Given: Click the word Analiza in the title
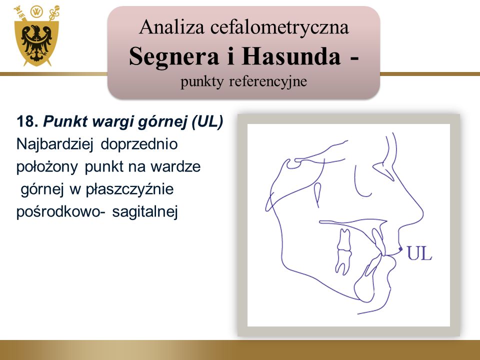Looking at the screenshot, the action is (171, 27).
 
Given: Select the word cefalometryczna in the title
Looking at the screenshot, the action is (279, 27).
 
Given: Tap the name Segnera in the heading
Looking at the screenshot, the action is (174, 56).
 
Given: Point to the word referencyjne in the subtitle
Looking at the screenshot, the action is (268, 81).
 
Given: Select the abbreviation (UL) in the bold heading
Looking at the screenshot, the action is (207, 122).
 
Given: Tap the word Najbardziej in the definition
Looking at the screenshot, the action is (54, 144).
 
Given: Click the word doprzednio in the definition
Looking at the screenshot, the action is (139, 144).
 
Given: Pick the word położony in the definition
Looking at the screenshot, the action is (47, 167).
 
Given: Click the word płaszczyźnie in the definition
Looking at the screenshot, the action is (129, 189).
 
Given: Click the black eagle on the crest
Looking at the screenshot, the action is (36, 43).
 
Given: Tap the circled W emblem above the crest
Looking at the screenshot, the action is (36, 11).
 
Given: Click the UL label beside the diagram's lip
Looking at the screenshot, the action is (419, 253).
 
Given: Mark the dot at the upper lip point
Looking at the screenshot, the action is (400, 249).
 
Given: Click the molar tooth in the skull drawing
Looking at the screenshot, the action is (343, 251).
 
